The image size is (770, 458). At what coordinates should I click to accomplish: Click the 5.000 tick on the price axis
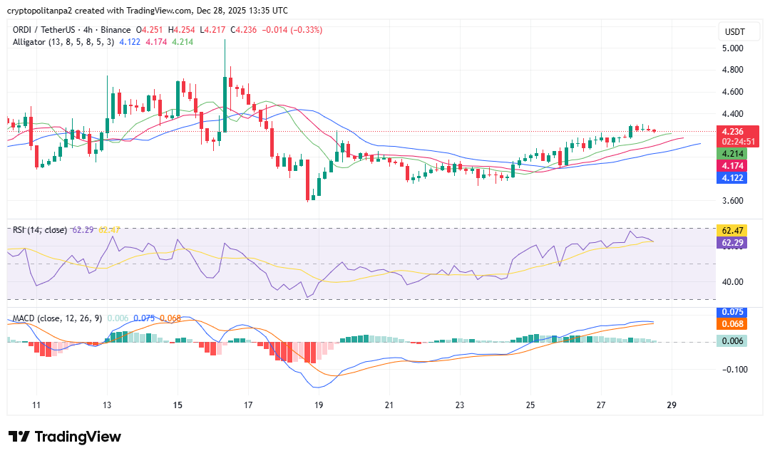(733, 48)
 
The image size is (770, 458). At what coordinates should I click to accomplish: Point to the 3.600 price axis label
(733, 201)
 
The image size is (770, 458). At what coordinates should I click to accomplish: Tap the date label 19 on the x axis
(318, 405)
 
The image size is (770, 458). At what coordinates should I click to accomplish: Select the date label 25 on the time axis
(530, 405)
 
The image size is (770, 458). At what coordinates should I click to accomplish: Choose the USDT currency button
(734, 32)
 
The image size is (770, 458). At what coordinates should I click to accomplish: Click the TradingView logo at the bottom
(65, 437)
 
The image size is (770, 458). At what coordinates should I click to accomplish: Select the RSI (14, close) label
(40, 230)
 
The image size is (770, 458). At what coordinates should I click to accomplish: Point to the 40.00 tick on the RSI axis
(733, 281)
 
